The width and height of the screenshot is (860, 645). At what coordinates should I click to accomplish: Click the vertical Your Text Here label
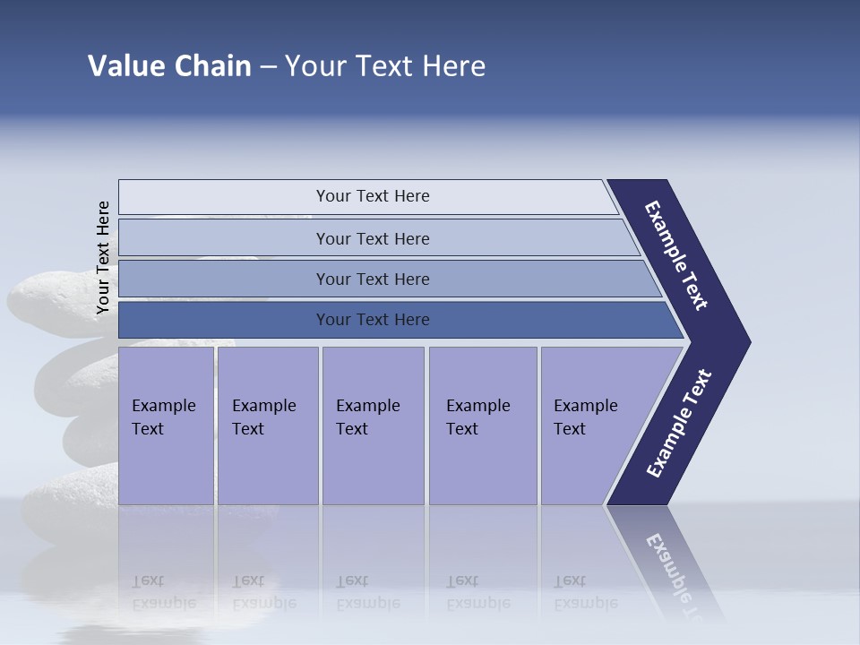pos(103,258)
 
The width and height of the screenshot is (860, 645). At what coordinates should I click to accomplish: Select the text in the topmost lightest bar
pos(373,196)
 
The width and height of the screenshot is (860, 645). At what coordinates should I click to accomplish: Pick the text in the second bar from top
pos(373,239)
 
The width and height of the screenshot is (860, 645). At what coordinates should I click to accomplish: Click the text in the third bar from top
pos(373,279)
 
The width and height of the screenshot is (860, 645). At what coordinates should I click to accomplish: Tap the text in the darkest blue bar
pos(373,320)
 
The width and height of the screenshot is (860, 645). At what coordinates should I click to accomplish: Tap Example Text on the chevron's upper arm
pos(676,255)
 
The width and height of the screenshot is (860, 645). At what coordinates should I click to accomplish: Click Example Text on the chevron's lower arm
pos(678,424)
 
